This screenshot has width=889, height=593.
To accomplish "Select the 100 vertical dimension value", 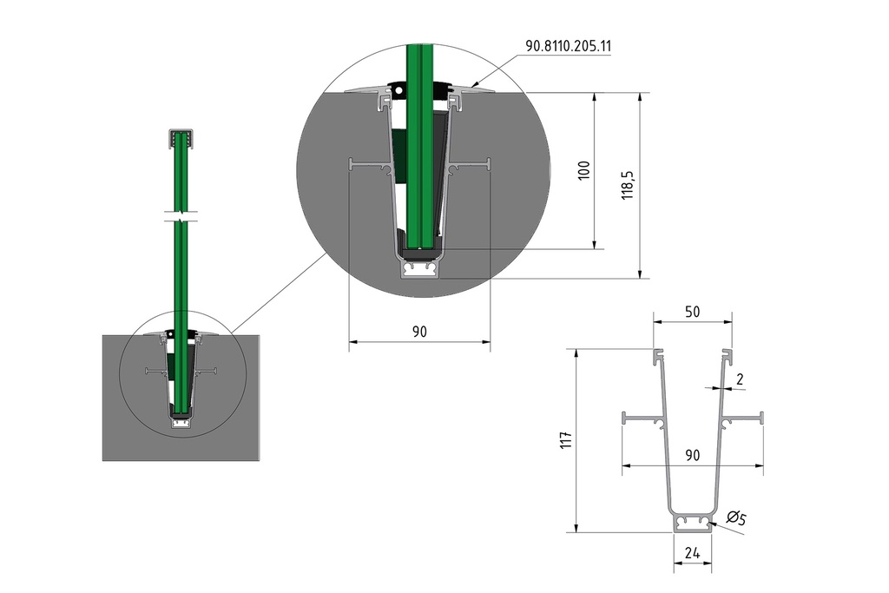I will pyautogui.click(x=584, y=169).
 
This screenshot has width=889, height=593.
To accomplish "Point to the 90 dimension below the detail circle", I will pyautogui.click(x=419, y=332).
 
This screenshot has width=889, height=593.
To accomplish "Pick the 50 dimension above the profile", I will pyautogui.click(x=693, y=311).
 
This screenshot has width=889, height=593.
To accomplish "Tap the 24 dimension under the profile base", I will pyautogui.click(x=693, y=551).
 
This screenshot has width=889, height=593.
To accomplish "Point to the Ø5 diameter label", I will pyautogui.click(x=736, y=519).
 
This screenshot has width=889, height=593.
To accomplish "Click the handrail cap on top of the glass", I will pyautogui.click(x=181, y=136).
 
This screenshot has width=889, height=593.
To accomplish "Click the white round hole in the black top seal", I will pyautogui.click(x=400, y=88).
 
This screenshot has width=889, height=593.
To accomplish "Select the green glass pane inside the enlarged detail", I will pyautogui.click(x=422, y=156).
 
